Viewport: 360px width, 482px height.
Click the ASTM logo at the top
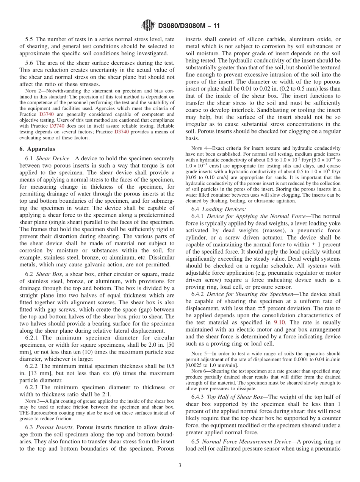click(148, 25)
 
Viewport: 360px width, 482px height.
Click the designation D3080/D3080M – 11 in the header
click(189, 26)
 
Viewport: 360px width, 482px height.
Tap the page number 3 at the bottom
click(180, 465)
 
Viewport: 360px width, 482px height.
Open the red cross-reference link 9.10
click(278, 322)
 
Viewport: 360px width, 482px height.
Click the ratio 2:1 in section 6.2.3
click(105, 394)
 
